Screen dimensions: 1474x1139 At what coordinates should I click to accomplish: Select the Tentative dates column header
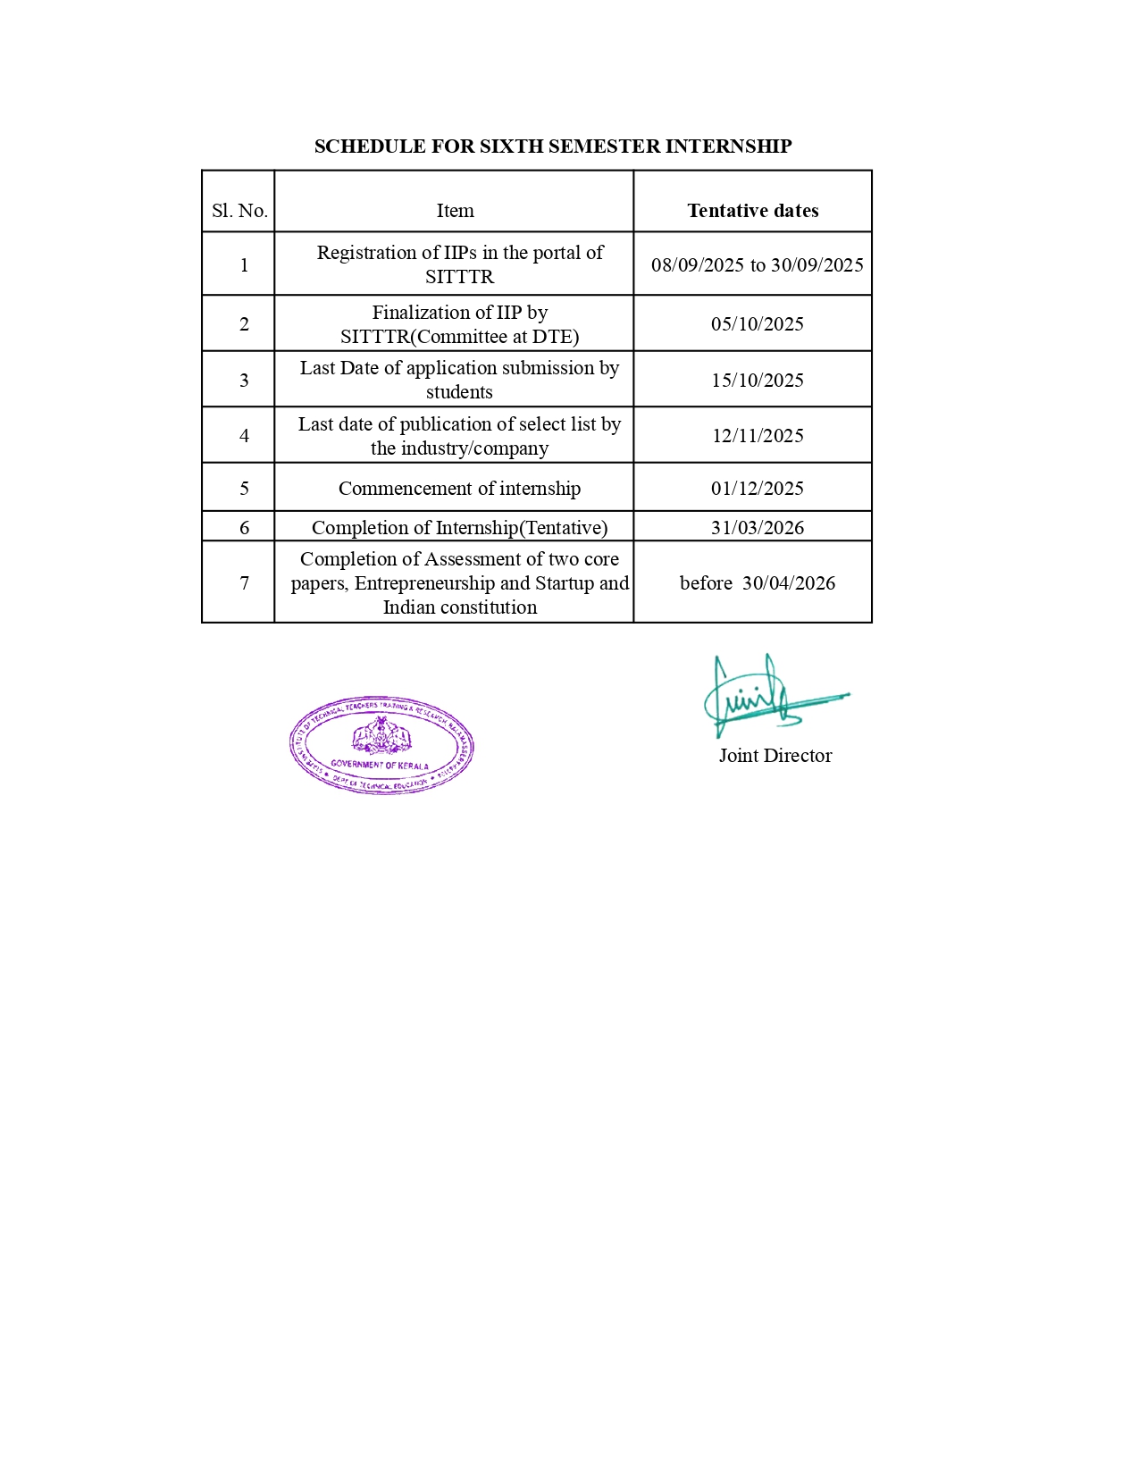tap(752, 211)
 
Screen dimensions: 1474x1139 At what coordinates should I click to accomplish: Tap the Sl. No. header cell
tap(239, 211)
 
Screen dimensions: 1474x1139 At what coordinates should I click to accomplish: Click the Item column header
tap(455, 211)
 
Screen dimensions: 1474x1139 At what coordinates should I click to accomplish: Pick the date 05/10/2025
tap(757, 324)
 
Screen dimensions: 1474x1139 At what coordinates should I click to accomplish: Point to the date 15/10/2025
tap(757, 381)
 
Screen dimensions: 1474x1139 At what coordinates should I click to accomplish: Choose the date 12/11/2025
tap(757, 436)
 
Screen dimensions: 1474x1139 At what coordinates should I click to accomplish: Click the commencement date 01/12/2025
tap(757, 489)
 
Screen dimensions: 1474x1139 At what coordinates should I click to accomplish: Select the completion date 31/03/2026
tap(757, 528)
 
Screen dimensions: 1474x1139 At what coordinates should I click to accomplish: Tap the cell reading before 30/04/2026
tap(757, 583)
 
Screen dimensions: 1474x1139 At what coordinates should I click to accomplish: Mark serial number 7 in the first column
tap(244, 583)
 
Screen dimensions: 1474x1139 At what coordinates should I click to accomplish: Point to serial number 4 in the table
tap(244, 436)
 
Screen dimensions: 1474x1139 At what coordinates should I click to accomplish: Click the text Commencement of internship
tap(459, 489)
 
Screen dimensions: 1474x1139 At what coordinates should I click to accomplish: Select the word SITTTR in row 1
tap(459, 277)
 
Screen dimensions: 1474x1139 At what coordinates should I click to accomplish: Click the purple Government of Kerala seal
tap(381, 746)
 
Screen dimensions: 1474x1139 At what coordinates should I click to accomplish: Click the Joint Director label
tap(775, 756)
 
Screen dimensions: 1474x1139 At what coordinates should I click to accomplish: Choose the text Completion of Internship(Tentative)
tap(459, 528)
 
